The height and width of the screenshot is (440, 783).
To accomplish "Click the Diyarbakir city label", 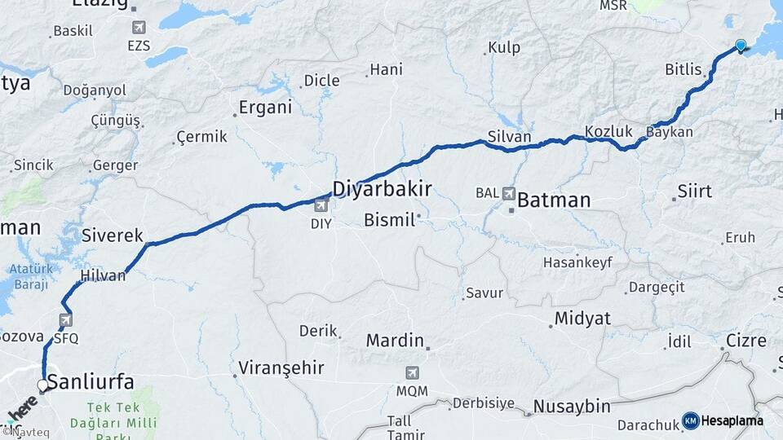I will tap(382, 189).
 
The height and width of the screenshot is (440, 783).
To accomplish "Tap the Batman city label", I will tap(554, 200).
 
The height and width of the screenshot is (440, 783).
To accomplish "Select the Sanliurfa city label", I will tap(91, 381).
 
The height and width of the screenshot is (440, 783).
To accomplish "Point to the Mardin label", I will tap(395, 340).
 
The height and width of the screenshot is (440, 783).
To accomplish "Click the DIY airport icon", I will tap(321, 205).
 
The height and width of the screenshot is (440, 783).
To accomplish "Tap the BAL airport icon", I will tap(509, 194).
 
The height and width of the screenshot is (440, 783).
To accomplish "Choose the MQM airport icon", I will tap(412, 373).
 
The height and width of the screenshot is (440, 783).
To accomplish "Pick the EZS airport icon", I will tap(139, 28).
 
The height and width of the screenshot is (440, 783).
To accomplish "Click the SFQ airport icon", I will tap(65, 320).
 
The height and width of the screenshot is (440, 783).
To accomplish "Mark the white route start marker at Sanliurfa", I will tap(42, 385).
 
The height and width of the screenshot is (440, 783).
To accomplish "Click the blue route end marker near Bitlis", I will tap(741, 46).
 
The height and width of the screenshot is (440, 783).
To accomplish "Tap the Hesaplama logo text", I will tap(732, 420).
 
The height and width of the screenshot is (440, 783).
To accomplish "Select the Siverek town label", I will tap(113, 235).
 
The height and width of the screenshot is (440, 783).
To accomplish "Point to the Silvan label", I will tap(509, 136).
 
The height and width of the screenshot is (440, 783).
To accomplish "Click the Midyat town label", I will tap(582, 319).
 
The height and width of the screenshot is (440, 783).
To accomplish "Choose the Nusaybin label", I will tap(571, 406).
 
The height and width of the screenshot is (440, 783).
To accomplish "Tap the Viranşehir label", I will tap(281, 368).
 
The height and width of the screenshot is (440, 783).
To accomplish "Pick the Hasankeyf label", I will tap(577, 262).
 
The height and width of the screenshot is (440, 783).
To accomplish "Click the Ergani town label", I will tap(265, 107).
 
